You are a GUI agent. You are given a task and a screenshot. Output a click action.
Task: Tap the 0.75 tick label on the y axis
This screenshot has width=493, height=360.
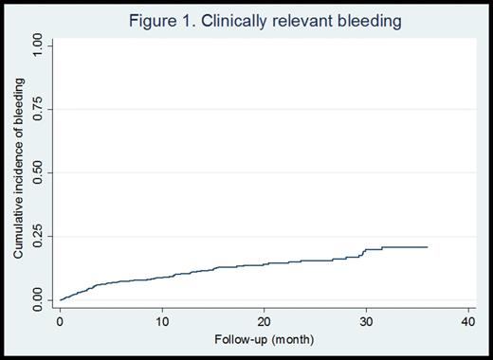click(x=37, y=109)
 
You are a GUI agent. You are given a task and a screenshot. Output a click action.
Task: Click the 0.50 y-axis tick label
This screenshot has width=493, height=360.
click(x=37, y=173)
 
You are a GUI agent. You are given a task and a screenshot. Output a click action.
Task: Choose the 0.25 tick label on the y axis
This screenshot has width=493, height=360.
click(x=37, y=237)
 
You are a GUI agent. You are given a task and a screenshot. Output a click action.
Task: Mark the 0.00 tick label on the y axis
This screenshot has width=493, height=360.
click(x=37, y=300)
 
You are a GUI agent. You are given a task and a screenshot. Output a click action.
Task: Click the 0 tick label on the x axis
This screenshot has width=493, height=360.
click(x=60, y=321)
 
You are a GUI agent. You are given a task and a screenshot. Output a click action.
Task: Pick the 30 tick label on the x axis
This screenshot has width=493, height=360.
click(x=365, y=321)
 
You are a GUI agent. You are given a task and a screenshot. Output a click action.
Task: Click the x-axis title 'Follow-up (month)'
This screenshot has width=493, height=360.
click(x=263, y=339)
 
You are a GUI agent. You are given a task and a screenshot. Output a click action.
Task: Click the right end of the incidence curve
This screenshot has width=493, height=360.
click(x=427, y=247)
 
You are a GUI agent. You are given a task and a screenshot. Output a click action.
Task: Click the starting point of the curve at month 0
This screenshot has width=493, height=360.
click(x=61, y=299)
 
